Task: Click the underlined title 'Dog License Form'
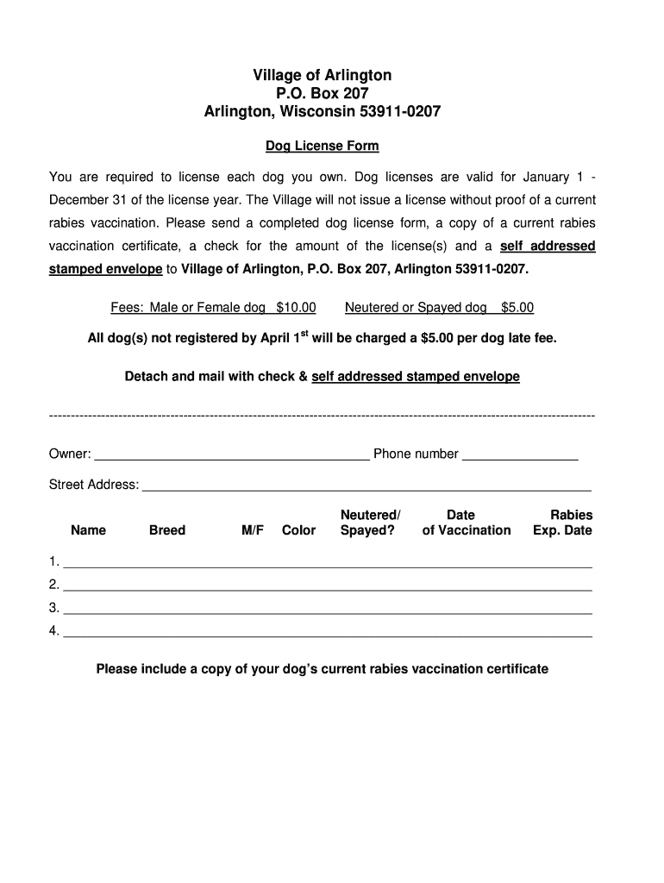click(322, 146)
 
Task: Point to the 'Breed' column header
click(167, 530)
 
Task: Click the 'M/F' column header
click(253, 530)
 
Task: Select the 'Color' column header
click(298, 530)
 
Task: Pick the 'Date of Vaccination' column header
click(466, 523)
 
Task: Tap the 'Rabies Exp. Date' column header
click(563, 523)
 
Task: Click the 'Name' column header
click(88, 530)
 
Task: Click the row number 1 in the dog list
click(54, 562)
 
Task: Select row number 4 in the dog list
click(54, 630)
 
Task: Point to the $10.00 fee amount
click(296, 307)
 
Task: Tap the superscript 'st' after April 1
click(304, 334)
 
